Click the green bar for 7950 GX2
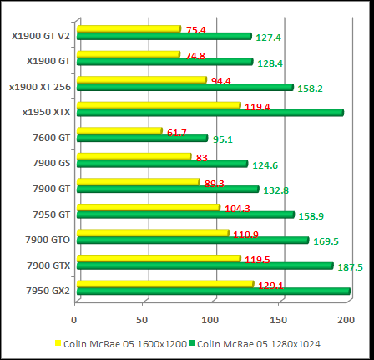[213, 292]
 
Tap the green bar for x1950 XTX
[210, 112]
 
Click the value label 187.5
[349, 267]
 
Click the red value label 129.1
[270, 285]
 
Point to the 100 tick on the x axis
[211, 319]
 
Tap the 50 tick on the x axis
[143, 319]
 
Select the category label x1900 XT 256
[39, 84]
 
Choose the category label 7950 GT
[52, 215]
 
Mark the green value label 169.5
[326, 242]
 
